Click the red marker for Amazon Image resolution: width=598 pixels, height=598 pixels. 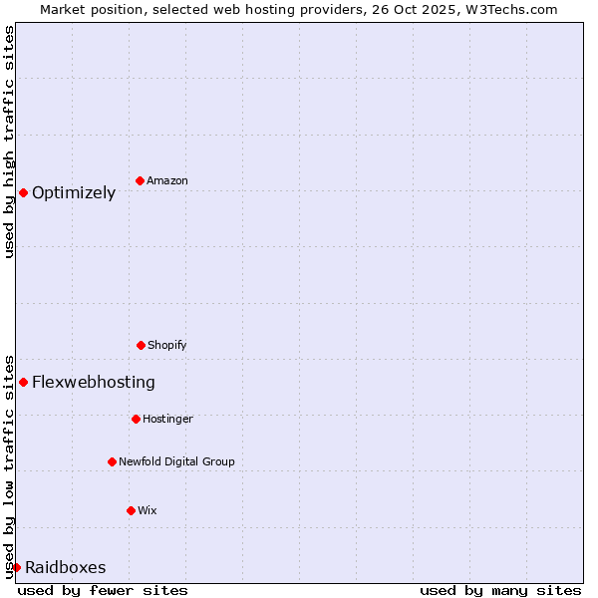pos(141,180)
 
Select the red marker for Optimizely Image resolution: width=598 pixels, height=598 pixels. pos(23,192)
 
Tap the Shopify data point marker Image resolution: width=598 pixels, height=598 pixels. pos(141,345)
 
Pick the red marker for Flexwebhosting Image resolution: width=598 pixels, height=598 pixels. pos(23,382)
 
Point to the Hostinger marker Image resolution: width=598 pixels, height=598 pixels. pos(136,419)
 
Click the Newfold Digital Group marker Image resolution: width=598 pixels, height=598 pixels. pos(112,461)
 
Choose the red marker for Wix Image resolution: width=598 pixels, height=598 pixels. pos(131,510)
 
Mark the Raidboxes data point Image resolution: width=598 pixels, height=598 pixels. pos(16,567)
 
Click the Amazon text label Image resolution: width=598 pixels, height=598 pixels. pos(167,180)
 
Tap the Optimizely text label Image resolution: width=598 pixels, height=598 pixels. pos(74,192)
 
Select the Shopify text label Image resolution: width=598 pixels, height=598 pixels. pos(167,345)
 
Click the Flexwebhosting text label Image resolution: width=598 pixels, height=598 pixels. pos(94,382)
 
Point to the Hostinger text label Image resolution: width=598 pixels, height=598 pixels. pos(167,419)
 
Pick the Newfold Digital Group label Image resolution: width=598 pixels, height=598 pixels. pos(176,461)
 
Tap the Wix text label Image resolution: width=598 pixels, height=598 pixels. pos(148,510)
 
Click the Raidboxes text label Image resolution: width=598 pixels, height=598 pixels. pos(66,567)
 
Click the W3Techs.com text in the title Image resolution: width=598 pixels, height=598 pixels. pos(515,9)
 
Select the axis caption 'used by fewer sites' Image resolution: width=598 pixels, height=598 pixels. pos(103,590)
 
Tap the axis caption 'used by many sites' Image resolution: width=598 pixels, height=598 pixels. pos(500,590)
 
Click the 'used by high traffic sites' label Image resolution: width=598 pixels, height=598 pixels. pos(9,142)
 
